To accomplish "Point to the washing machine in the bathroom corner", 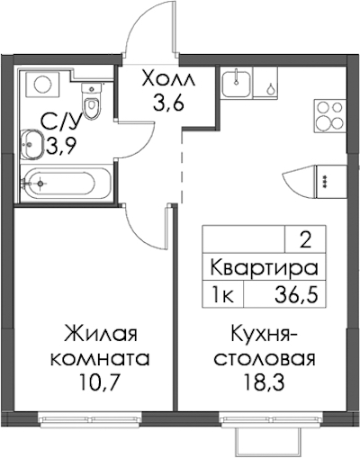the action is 42,85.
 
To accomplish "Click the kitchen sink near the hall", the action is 237,82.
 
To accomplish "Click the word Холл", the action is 169,79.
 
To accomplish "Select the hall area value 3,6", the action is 168,103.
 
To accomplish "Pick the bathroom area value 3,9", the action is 60,147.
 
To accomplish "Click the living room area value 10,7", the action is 97,382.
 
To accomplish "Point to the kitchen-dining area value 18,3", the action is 265,382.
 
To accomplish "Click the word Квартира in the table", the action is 264,268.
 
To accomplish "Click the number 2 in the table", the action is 305,241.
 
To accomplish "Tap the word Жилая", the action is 102,335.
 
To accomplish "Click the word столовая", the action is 265,358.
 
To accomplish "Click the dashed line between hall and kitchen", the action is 182,167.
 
